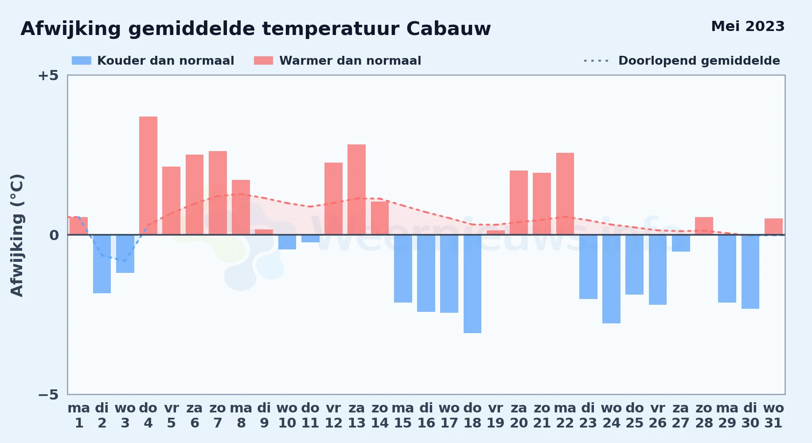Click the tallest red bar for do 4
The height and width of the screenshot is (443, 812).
148,175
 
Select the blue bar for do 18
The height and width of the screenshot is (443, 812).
472,284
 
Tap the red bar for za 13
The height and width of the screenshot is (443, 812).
356,190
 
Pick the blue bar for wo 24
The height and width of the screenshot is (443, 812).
611,279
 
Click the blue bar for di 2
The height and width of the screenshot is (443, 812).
102,264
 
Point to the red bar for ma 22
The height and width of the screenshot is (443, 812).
565,194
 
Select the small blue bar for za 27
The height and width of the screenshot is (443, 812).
681,243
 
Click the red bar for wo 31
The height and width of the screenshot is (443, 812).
773,226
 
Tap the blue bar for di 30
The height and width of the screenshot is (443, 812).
750,272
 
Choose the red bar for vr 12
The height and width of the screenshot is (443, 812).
333,198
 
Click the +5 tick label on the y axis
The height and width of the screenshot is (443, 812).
48,75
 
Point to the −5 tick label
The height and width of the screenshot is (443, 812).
48,394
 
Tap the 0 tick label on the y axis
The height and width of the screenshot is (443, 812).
54,235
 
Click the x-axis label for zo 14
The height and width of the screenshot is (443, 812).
380,415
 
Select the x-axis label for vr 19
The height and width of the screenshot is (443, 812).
496,415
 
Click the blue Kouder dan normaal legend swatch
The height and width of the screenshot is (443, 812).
82,61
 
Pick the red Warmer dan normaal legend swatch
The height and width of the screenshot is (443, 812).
263,61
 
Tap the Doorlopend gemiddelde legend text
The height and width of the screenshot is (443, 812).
699,61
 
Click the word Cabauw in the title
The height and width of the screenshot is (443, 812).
449,29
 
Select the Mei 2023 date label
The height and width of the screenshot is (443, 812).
748,26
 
